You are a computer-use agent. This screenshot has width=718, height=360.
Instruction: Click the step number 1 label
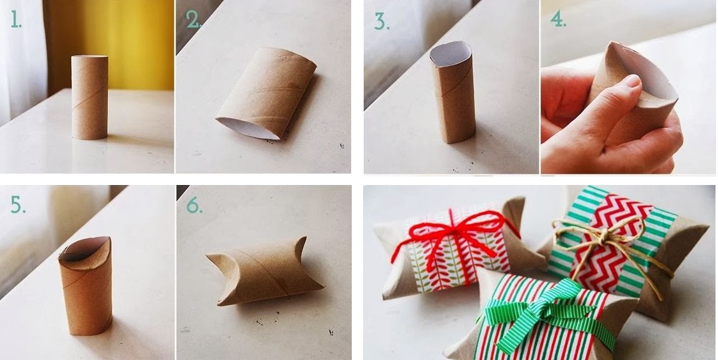(x=16, y=20)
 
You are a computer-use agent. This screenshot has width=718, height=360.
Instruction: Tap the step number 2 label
(x=193, y=20)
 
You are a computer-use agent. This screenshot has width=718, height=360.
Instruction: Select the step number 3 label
(x=381, y=21)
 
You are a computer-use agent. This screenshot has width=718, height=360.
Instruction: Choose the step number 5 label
(x=17, y=205)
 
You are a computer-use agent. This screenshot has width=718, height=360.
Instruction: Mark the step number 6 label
(x=194, y=205)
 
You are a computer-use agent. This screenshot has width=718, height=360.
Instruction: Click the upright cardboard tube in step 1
(x=90, y=97)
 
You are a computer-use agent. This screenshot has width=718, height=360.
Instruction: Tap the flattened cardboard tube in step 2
(x=266, y=94)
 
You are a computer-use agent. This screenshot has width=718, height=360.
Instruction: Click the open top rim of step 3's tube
(x=451, y=53)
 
